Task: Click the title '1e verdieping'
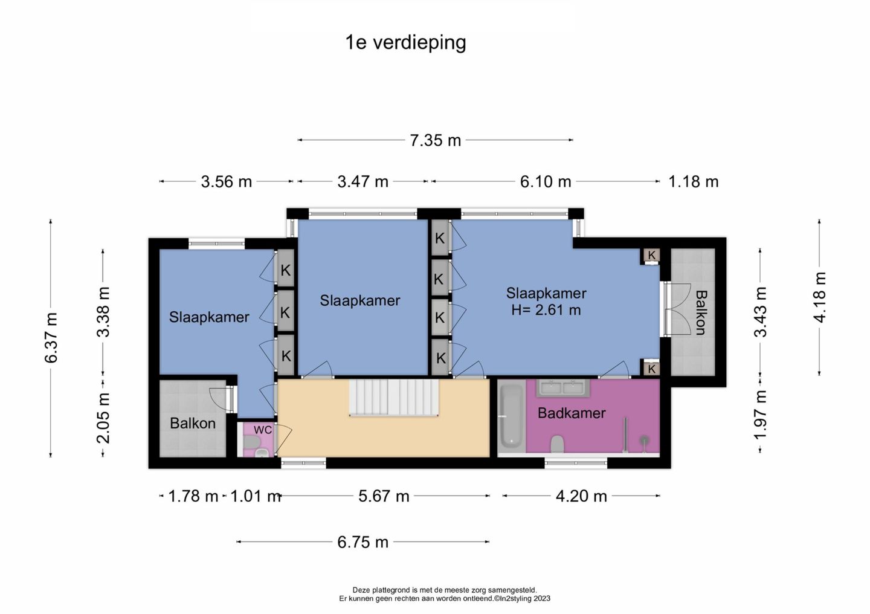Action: tap(405, 43)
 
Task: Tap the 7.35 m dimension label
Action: tap(436, 140)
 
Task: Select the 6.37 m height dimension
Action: tap(51, 338)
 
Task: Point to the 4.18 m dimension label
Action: tap(819, 297)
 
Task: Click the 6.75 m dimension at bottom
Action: tap(362, 542)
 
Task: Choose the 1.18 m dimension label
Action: tap(694, 181)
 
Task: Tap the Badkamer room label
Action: tap(572, 413)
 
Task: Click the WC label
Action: tap(263, 430)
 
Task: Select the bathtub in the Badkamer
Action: tap(511, 416)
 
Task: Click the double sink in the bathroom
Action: tap(563, 388)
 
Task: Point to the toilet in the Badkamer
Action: tap(557, 444)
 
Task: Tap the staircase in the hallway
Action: tap(394, 398)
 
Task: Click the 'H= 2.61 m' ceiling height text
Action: tap(546, 310)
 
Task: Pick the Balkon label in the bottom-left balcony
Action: tap(193, 423)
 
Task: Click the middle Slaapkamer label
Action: tap(359, 301)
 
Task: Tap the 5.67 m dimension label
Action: tap(384, 496)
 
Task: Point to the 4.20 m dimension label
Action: tap(581, 496)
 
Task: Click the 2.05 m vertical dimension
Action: tap(103, 418)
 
